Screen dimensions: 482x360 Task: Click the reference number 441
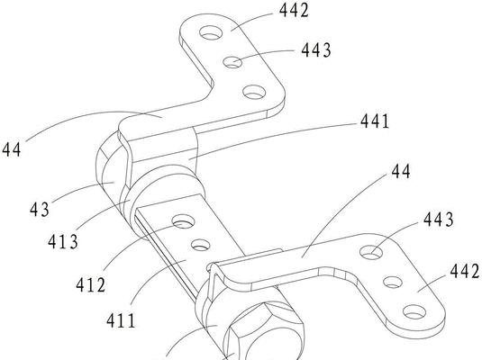pos(375,121)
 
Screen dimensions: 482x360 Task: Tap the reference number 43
pos(40,210)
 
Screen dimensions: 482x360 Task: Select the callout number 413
pos(63,242)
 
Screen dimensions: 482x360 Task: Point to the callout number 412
pos(91,284)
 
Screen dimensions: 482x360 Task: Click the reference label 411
pos(121,320)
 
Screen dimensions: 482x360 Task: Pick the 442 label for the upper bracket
pos(294,10)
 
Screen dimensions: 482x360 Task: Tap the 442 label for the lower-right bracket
pos(465,272)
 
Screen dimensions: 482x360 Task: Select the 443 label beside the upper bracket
pos(316,50)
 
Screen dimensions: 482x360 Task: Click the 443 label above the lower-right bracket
pos(439,220)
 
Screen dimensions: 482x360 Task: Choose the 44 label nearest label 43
pos(12,149)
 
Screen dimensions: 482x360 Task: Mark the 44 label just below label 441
pos(401,171)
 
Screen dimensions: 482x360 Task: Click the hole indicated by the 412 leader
pos(184,221)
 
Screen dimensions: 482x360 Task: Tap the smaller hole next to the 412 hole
pos(201,245)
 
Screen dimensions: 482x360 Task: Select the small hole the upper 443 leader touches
pos(232,62)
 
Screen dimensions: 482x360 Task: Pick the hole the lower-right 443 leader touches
pos(371,252)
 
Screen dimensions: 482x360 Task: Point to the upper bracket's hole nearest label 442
pos(211,32)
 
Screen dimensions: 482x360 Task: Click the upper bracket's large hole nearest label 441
pos(254,92)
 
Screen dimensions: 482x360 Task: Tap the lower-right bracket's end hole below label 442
pos(414,312)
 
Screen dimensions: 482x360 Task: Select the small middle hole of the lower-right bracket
pos(393,282)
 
